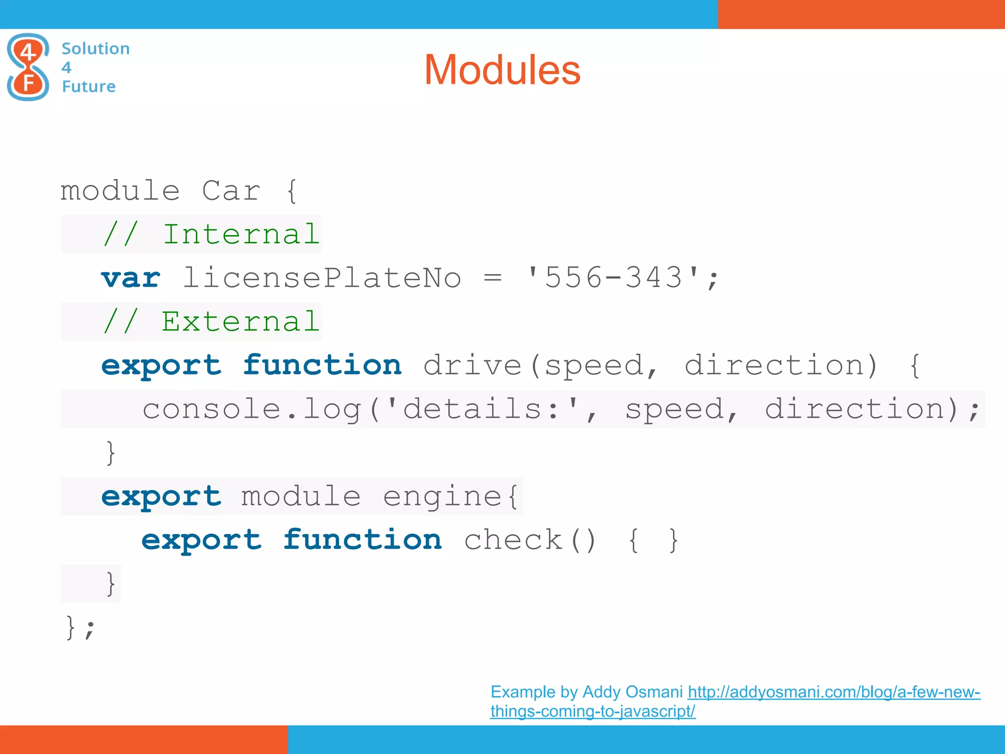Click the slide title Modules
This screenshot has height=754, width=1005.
tap(502, 70)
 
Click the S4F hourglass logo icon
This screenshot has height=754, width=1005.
tap(28, 67)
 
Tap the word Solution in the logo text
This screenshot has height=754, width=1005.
tap(95, 49)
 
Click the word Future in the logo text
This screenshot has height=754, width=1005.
tap(88, 86)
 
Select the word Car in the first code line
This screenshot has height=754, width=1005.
tap(231, 190)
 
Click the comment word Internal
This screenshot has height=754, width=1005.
tap(241, 234)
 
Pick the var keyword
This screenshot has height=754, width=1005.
tap(131, 278)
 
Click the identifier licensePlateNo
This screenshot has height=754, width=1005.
tap(322, 278)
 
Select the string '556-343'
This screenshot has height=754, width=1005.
tap(613, 278)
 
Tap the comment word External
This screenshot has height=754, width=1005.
tap(240, 322)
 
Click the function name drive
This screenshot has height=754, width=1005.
tap(472, 366)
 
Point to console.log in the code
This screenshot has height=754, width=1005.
tap(251, 409)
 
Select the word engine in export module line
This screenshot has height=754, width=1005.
tap(442, 497)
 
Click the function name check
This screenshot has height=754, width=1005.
tap(513, 540)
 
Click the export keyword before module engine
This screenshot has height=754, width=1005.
tap(161, 497)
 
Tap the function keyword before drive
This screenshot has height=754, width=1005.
tap(322, 366)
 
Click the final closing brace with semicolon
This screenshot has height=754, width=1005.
tap(80, 627)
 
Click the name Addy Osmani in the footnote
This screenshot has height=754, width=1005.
tap(633, 692)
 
